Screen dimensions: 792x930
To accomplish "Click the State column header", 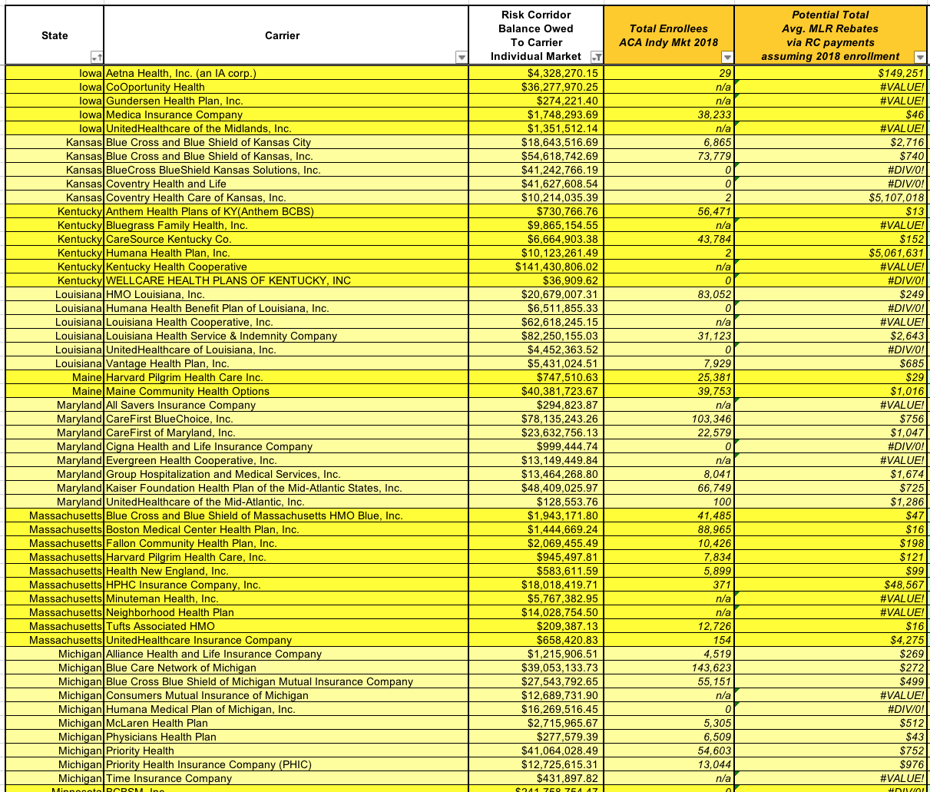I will pyautogui.click(x=55, y=35).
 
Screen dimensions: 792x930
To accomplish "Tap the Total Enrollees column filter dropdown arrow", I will pyautogui.click(x=726, y=58).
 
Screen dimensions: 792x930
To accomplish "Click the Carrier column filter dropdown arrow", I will pyautogui.click(x=461, y=58).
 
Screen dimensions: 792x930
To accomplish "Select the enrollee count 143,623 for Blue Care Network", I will pyautogui.click(x=710, y=668).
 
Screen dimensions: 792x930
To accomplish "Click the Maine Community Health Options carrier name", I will pyautogui.click(x=187, y=391).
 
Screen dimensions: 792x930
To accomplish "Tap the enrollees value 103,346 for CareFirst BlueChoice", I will pyautogui.click(x=710, y=419).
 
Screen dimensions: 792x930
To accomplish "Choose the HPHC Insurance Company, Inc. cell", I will pyautogui.click(x=183, y=585).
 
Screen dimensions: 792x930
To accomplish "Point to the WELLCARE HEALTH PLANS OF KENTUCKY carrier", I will pyautogui.click(x=228, y=280).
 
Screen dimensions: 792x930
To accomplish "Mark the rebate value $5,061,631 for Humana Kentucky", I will pyautogui.click(x=896, y=253).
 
